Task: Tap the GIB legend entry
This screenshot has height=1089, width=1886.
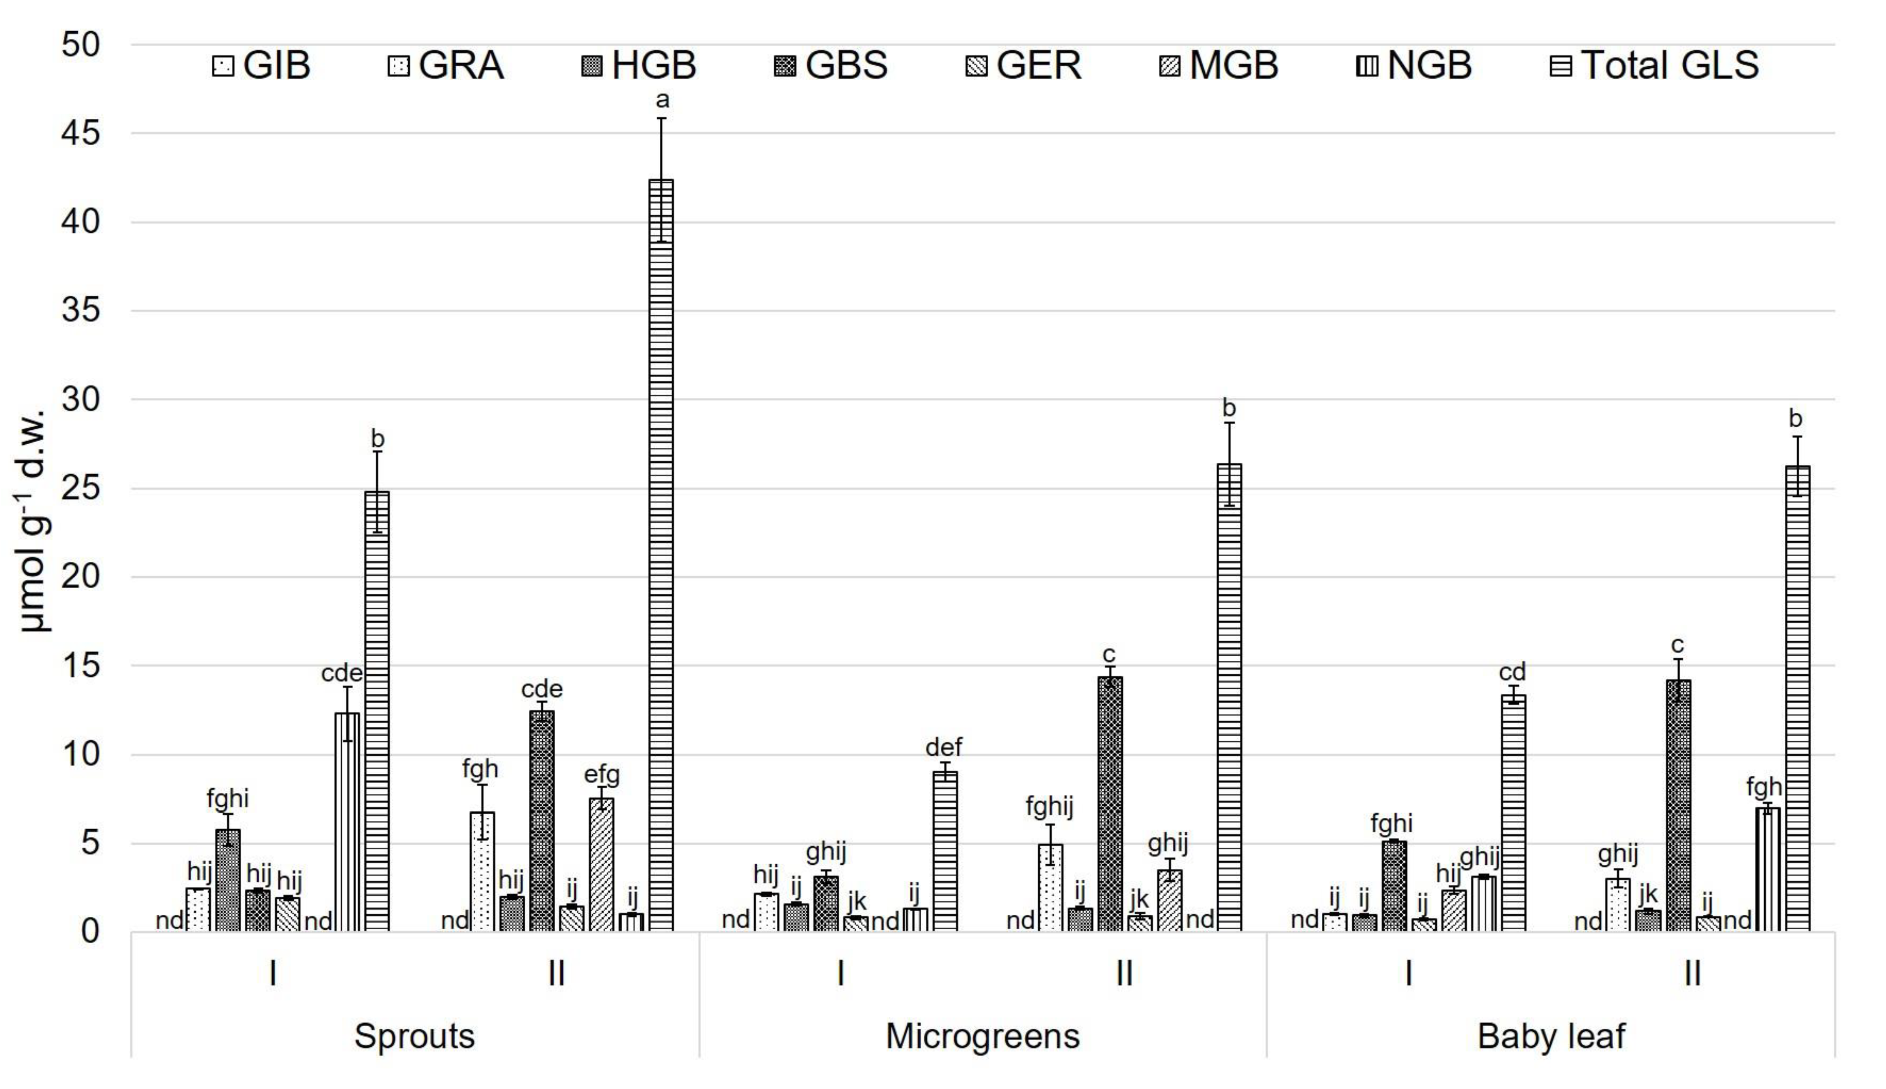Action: (262, 65)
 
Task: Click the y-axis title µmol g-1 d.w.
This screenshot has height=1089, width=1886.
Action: (34, 520)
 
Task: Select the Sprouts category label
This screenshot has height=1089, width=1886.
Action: (414, 1036)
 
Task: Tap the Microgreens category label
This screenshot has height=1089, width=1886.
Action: (982, 1036)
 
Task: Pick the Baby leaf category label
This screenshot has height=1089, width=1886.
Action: (1551, 1036)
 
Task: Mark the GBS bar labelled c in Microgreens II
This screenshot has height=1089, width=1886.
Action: (1110, 804)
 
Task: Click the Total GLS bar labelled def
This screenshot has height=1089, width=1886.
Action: (945, 851)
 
